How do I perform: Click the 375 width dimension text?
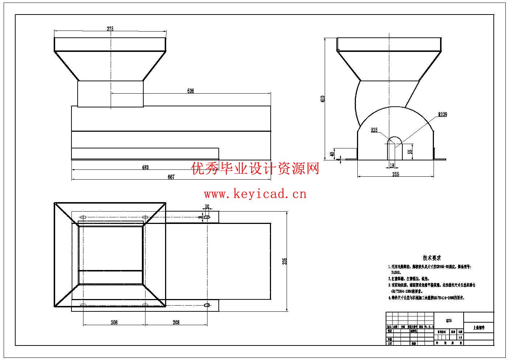[x=110, y=29]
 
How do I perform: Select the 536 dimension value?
[x=190, y=91]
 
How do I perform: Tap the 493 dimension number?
[x=145, y=167]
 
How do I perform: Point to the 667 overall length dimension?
[x=171, y=177]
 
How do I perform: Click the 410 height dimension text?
[x=323, y=99]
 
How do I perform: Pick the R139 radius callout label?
[x=442, y=115]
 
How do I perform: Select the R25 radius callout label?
[x=374, y=130]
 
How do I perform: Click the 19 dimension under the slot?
[x=392, y=165]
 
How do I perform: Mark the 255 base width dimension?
[x=395, y=175]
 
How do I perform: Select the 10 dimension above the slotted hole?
[x=207, y=207]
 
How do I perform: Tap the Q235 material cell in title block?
[x=449, y=321]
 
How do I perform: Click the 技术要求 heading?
[x=432, y=258]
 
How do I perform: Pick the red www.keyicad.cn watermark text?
[x=255, y=194]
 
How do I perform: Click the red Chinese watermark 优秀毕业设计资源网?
[x=255, y=169]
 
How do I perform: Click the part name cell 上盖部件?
[x=479, y=328]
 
